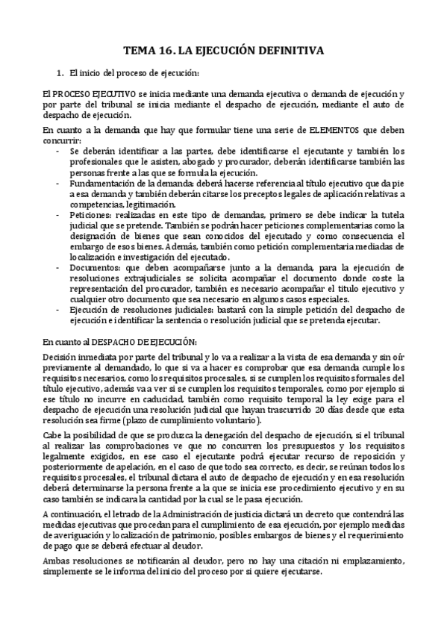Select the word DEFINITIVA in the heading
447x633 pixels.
click(289, 51)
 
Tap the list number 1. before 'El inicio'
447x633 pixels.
click(61, 73)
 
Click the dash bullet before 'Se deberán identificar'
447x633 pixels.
click(59, 151)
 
